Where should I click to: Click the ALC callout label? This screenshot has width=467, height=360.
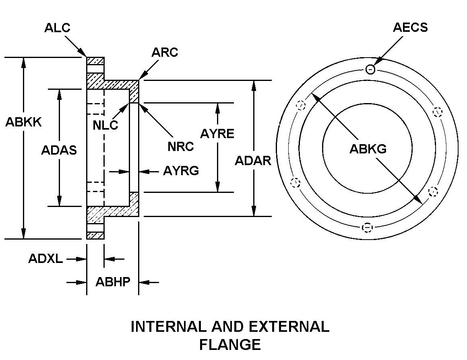pyautogui.click(x=57, y=27)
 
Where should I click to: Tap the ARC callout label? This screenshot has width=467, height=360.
pyautogui.click(x=165, y=52)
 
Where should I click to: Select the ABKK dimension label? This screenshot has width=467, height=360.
pyautogui.click(x=23, y=122)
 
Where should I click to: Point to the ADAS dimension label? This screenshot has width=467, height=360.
pyautogui.click(x=59, y=150)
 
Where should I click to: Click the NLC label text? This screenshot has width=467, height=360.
pyautogui.click(x=105, y=125)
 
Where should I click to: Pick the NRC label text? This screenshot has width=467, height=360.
pyautogui.click(x=181, y=147)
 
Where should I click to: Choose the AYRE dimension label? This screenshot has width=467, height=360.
pyautogui.click(x=217, y=134)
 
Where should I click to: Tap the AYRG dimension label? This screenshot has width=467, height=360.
pyautogui.click(x=181, y=171)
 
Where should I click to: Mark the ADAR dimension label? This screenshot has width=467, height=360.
pyautogui.click(x=253, y=160)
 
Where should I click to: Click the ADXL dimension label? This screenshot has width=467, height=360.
pyautogui.click(x=45, y=259)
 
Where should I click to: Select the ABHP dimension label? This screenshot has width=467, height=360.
pyautogui.click(x=113, y=282)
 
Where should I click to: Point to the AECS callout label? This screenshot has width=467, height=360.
pyautogui.click(x=410, y=27)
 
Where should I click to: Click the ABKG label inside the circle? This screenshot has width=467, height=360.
pyautogui.click(x=368, y=149)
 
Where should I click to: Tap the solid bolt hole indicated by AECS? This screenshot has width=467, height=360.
pyautogui.click(x=370, y=70)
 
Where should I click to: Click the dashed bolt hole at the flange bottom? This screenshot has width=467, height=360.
pyautogui.click(x=367, y=228)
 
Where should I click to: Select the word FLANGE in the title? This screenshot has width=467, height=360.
pyautogui.click(x=230, y=344)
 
